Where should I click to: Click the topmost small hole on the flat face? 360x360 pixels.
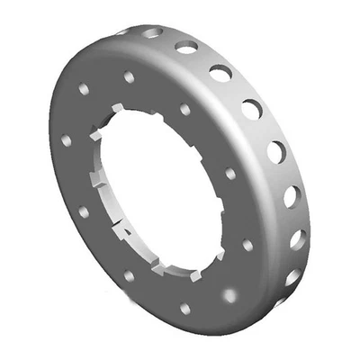click(129, 77)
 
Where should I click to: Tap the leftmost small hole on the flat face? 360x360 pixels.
click(67, 141)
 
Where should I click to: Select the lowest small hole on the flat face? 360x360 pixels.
click(184, 309)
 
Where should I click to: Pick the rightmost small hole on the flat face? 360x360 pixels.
click(247, 244)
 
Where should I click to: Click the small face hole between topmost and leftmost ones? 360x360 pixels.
click(84, 89)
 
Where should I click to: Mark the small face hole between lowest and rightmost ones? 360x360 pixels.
click(229, 294)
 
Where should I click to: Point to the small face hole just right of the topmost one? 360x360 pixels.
click(184, 109)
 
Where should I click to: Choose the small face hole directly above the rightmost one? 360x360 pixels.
click(230, 173)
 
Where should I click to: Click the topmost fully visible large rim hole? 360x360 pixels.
click(187, 47)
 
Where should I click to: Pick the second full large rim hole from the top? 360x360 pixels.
click(220, 73)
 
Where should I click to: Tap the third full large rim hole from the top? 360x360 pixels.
click(251, 109)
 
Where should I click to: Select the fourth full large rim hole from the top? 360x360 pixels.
click(276, 151)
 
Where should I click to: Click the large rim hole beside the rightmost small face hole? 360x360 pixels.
click(298, 238)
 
